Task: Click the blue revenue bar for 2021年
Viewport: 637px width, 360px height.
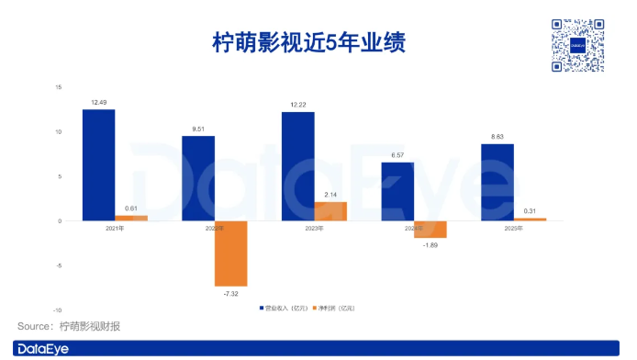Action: (x=98, y=165)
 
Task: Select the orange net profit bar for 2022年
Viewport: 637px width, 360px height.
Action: (x=231, y=253)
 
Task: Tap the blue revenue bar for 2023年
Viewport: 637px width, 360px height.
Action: (x=297, y=166)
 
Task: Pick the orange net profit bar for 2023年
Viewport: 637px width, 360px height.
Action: (x=330, y=211)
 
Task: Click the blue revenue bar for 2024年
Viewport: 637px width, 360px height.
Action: (x=397, y=191)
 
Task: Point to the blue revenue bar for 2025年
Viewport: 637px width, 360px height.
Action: (x=497, y=182)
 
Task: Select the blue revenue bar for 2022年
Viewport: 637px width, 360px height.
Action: (x=198, y=178)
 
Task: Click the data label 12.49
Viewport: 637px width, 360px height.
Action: (x=98, y=101)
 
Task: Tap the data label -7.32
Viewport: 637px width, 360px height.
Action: (x=231, y=294)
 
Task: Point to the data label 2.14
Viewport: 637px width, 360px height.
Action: (x=330, y=195)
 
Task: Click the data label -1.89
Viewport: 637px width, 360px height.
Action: (x=430, y=245)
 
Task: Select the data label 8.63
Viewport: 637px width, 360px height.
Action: (x=497, y=137)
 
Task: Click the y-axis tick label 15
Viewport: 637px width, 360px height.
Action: (x=58, y=87)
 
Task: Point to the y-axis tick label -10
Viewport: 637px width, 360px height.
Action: (x=57, y=310)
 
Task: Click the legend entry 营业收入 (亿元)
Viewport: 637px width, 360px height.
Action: (x=283, y=307)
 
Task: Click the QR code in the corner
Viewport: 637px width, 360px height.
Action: (x=578, y=44)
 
